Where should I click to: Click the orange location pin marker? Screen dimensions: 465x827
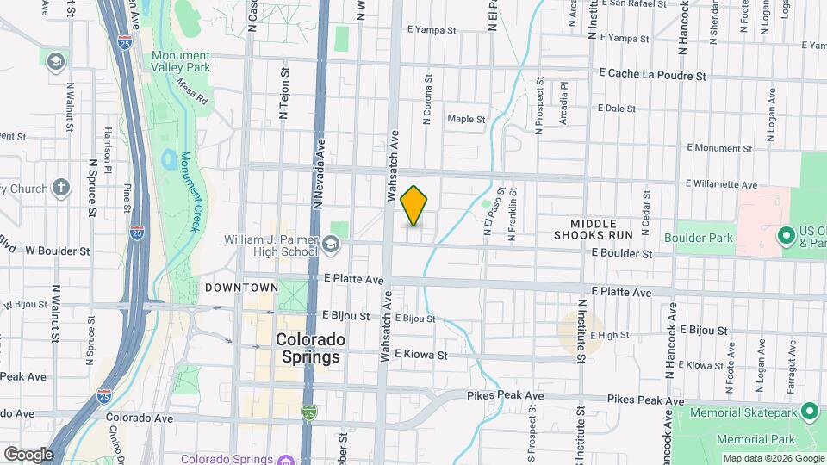pyautogui.click(x=414, y=206)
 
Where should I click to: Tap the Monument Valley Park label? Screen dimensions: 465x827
pyautogui.click(x=181, y=61)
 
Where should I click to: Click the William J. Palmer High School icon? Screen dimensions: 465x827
pyautogui.click(x=330, y=245)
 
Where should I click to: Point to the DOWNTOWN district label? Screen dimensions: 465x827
pyautogui.click(x=241, y=287)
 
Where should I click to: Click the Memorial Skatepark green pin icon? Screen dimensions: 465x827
pyautogui.click(x=809, y=412)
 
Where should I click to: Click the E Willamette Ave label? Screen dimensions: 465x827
pyautogui.click(x=721, y=184)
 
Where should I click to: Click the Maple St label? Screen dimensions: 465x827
pyautogui.click(x=466, y=119)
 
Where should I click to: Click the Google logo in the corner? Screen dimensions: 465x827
pyautogui.click(x=28, y=454)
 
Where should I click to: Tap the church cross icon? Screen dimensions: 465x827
pyautogui.click(x=60, y=187)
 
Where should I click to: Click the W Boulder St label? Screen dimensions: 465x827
pyautogui.click(x=58, y=251)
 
